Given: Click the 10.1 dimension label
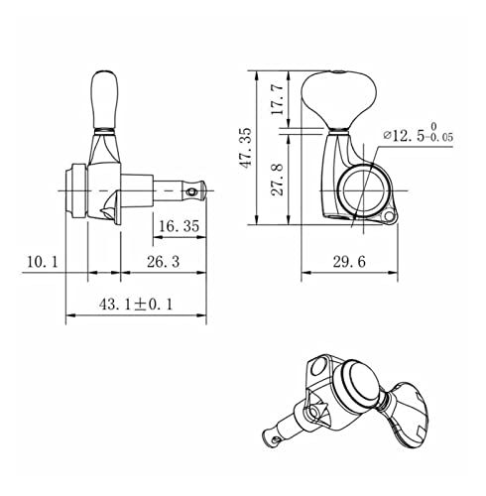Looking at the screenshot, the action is click(x=42, y=262).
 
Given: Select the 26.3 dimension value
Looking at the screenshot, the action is click(x=163, y=262).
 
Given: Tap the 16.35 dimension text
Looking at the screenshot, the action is click(x=180, y=226).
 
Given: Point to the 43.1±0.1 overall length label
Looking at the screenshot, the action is click(x=136, y=305).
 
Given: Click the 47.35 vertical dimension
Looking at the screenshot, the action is click(x=247, y=148).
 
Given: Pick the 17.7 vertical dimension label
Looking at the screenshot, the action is click(x=277, y=98).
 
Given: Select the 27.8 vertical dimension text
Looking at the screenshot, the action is click(x=277, y=179).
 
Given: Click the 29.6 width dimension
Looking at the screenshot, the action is click(x=349, y=262).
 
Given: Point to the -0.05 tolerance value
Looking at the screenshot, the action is click(x=439, y=137).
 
